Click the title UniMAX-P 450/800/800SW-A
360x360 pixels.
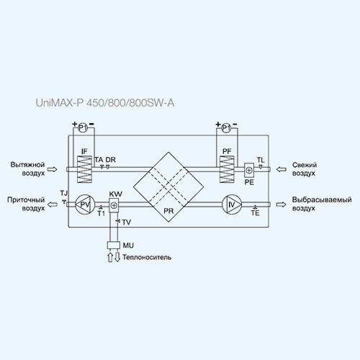(105, 103)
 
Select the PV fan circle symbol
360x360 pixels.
(85, 204)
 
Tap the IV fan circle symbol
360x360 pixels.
(232, 204)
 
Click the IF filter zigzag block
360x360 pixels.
(84, 169)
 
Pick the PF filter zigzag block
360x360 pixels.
(227, 169)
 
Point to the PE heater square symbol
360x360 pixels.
(249, 170)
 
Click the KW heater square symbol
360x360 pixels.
(114, 205)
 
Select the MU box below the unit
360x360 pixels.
(114, 246)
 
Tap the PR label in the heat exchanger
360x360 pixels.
(168, 211)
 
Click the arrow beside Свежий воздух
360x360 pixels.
(282, 169)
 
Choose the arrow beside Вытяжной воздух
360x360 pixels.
(52, 169)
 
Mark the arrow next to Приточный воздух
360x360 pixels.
(53, 204)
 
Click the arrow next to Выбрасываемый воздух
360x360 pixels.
(281, 204)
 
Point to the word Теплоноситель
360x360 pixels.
(147, 257)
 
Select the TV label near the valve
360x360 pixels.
(127, 222)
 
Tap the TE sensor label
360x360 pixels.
(256, 213)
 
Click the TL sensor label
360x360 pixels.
(261, 160)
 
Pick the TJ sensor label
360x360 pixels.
(64, 193)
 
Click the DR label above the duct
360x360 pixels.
(111, 160)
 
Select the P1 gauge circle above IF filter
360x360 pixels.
(83, 128)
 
